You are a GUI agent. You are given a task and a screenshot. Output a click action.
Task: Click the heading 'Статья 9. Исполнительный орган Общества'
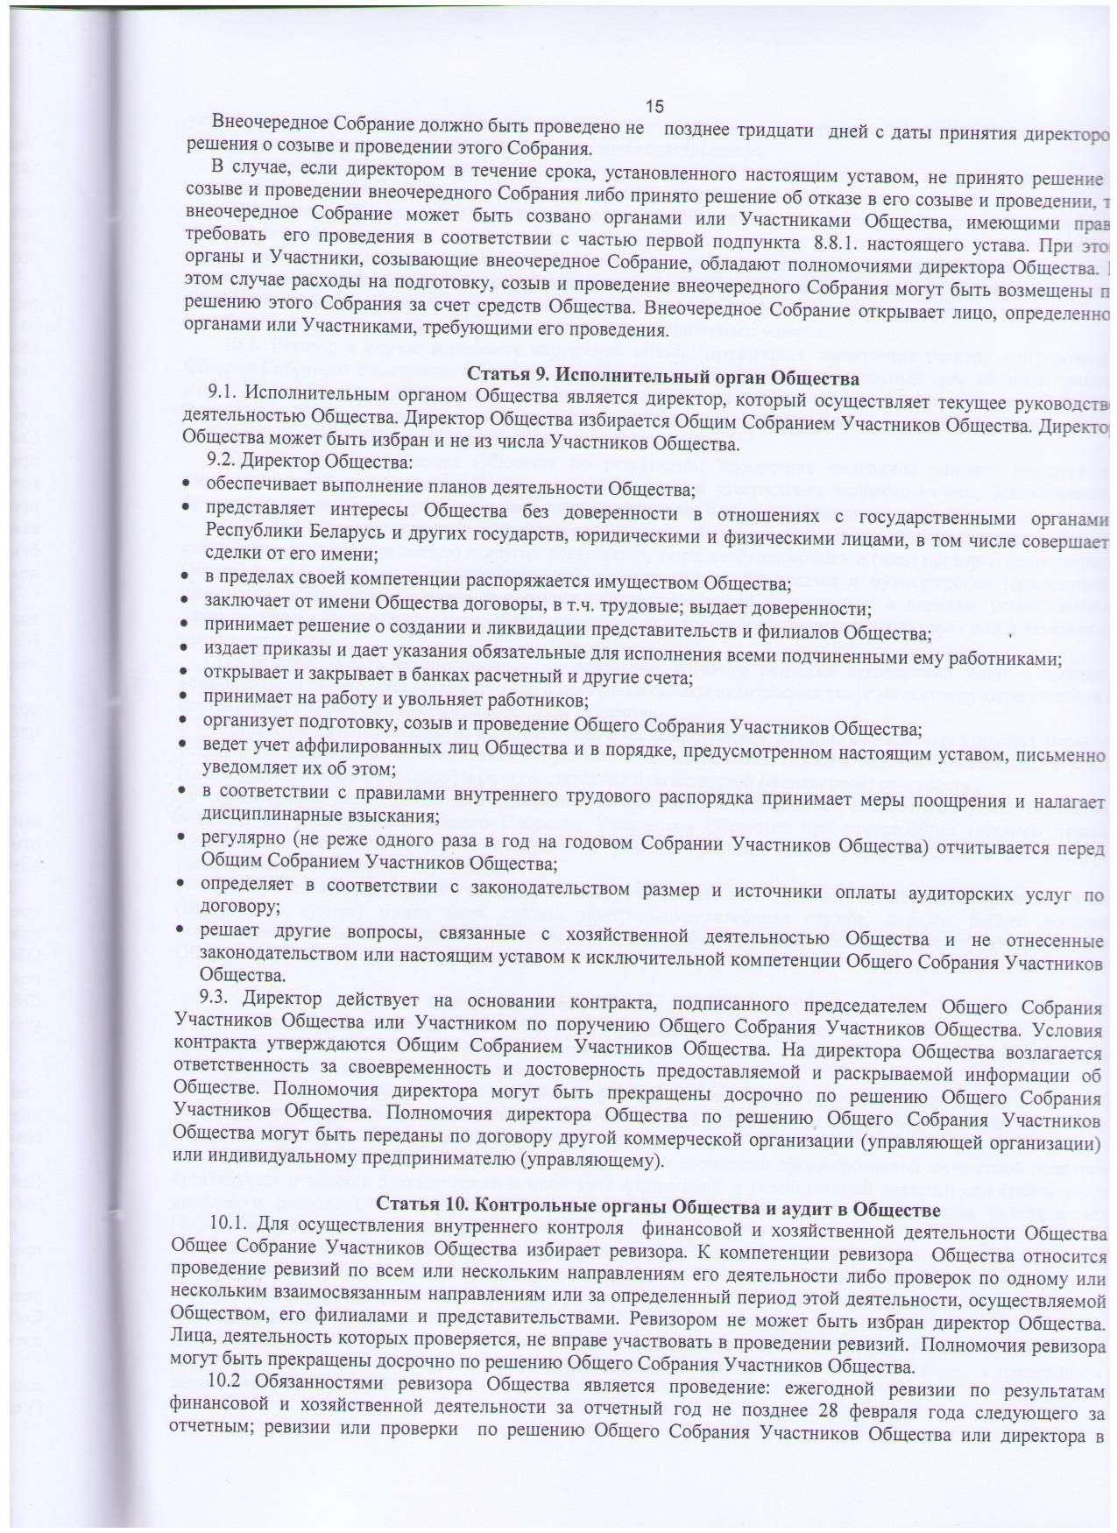click(x=663, y=378)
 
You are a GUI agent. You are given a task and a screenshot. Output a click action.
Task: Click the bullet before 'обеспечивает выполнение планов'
click(x=186, y=486)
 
